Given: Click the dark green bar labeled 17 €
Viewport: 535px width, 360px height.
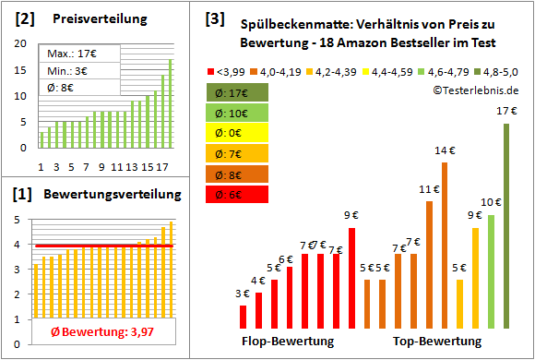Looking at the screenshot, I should [506, 226].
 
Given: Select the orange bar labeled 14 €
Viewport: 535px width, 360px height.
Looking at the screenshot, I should [444, 246].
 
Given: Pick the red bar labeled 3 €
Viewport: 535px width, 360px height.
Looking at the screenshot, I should [243, 317].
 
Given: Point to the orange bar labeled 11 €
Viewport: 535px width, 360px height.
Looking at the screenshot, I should [429, 265].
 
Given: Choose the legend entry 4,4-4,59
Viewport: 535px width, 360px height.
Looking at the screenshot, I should [391, 69].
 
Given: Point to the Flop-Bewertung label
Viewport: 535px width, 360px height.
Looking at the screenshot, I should [288, 342].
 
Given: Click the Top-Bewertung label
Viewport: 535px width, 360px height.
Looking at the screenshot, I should [437, 342].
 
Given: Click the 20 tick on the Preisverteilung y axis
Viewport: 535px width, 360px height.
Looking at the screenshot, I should [21, 43].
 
